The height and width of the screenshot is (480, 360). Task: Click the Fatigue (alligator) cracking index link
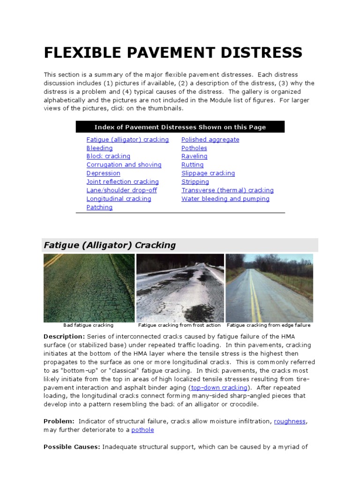click(127, 140)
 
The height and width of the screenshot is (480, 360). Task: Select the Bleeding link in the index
click(99, 148)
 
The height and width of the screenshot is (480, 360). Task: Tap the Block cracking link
click(108, 157)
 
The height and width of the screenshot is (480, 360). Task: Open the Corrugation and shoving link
click(124, 165)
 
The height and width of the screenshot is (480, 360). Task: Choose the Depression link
click(103, 173)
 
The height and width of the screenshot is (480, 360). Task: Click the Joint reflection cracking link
click(122, 182)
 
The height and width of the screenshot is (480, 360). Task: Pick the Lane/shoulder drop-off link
click(121, 190)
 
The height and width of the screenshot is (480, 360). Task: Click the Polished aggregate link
click(210, 140)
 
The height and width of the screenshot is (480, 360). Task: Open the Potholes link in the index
click(194, 148)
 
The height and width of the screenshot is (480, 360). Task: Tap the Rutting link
click(192, 165)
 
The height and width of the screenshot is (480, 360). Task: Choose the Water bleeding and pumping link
click(225, 199)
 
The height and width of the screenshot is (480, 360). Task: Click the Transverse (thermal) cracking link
click(227, 190)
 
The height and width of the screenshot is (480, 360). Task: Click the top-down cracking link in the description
click(219, 388)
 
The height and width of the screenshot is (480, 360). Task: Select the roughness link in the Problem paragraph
click(290, 421)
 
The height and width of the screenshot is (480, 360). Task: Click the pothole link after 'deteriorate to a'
click(142, 430)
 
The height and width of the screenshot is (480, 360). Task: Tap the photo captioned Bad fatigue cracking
click(89, 288)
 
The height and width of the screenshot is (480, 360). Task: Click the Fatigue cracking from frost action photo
click(180, 288)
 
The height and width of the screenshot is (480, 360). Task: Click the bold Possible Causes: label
click(72, 447)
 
